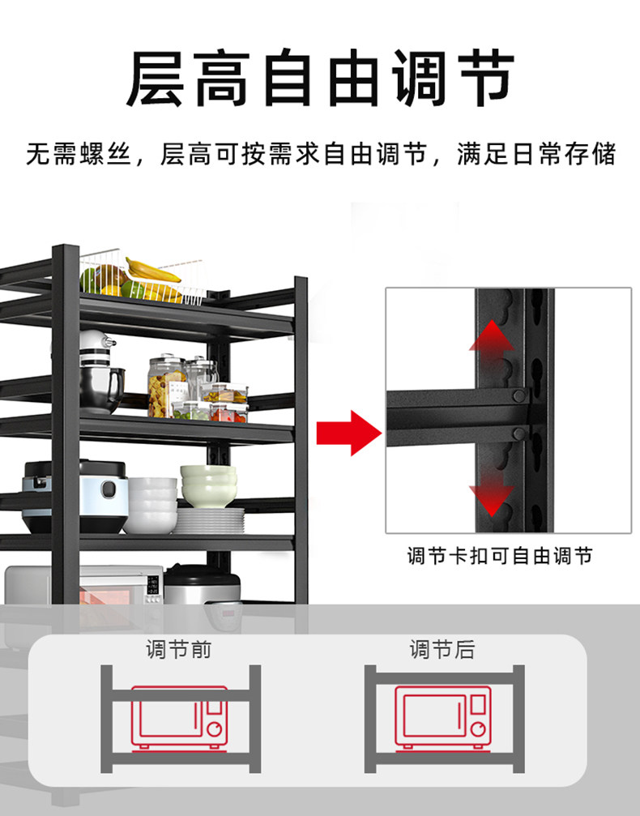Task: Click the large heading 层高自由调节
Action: click(x=320, y=79)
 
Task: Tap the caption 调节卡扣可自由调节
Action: click(x=499, y=555)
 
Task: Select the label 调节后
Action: click(x=442, y=649)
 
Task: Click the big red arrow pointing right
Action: click(x=348, y=433)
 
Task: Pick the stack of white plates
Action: click(x=209, y=520)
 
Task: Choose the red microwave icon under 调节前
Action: click(x=180, y=716)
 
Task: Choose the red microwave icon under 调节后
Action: click(x=443, y=716)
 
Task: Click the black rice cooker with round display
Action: click(x=75, y=494)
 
